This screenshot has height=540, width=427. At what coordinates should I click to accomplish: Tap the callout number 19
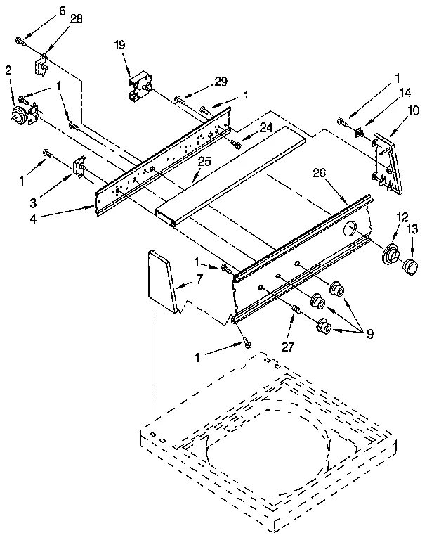click(x=120, y=45)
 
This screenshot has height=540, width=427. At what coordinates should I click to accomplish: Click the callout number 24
click(x=266, y=128)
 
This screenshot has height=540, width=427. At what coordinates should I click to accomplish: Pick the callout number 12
click(x=402, y=217)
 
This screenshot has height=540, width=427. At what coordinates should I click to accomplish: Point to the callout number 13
click(x=413, y=229)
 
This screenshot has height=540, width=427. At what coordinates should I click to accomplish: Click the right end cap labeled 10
click(x=386, y=161)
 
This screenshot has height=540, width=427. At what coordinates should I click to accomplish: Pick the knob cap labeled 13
click(x=407, y=267)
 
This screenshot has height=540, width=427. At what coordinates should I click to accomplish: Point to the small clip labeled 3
click(x=78, y=167)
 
